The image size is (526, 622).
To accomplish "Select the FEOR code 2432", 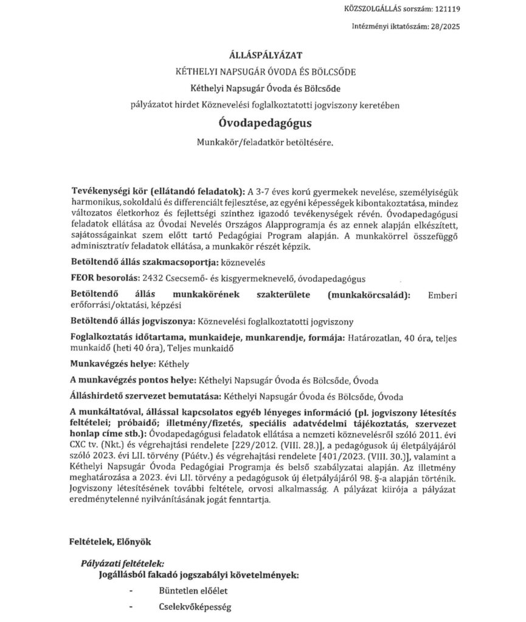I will click(x=150, y=278).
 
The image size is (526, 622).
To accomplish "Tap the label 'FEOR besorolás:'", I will click(x=105, y=278).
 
